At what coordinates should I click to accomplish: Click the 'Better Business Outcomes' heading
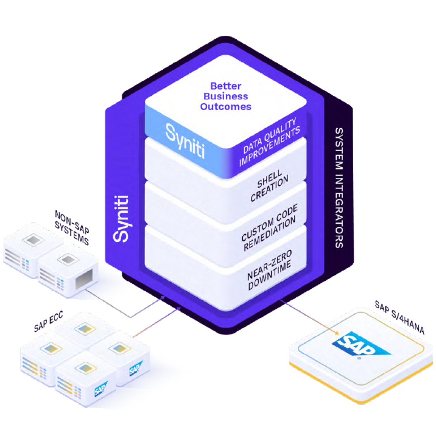[x=226, y=96]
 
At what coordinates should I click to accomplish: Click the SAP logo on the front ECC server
[x=102, y=388]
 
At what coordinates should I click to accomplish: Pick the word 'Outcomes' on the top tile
[x=226, y=106]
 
